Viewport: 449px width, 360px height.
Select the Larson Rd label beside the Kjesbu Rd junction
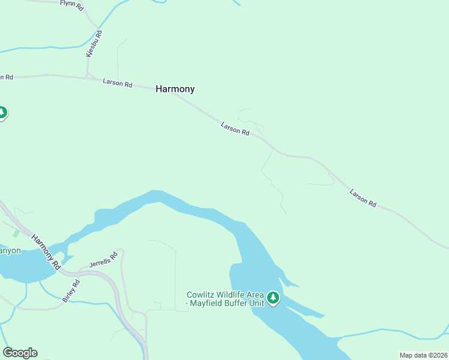point(117,83)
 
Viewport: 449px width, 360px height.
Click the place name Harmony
point(175,89)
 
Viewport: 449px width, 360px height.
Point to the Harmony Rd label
point(47,251)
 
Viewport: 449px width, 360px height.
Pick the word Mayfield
point(208,304)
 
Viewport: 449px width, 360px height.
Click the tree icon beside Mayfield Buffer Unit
point(274,298)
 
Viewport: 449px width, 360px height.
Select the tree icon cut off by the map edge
point(2,112)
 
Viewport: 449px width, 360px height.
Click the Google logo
point(20,353)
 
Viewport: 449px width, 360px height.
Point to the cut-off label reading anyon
point(10,251)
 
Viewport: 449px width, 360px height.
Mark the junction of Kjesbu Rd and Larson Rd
point(88,77)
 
